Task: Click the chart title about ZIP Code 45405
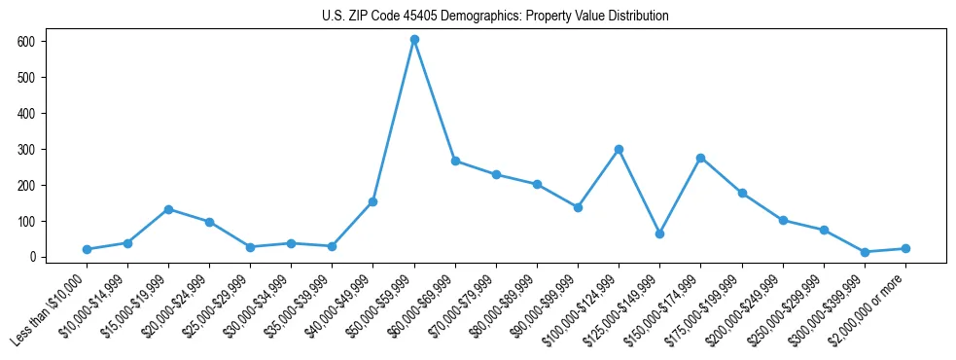click(x=495, y=17)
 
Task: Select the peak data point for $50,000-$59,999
click(x=414, y=40)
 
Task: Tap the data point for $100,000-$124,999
click(x=619, y=150)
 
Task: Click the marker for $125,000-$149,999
click(x=659, y=234)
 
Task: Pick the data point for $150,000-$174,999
click(x=700, y=158)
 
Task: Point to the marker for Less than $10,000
click(x=87, y=249)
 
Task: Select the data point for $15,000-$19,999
click(x=168, y=209)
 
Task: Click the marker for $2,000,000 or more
click(x=905, y=248)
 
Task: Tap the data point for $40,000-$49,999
click(x=372, y=201)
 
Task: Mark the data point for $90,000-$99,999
click(x=578, y=207)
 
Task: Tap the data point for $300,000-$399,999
click(x=865, y=252)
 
